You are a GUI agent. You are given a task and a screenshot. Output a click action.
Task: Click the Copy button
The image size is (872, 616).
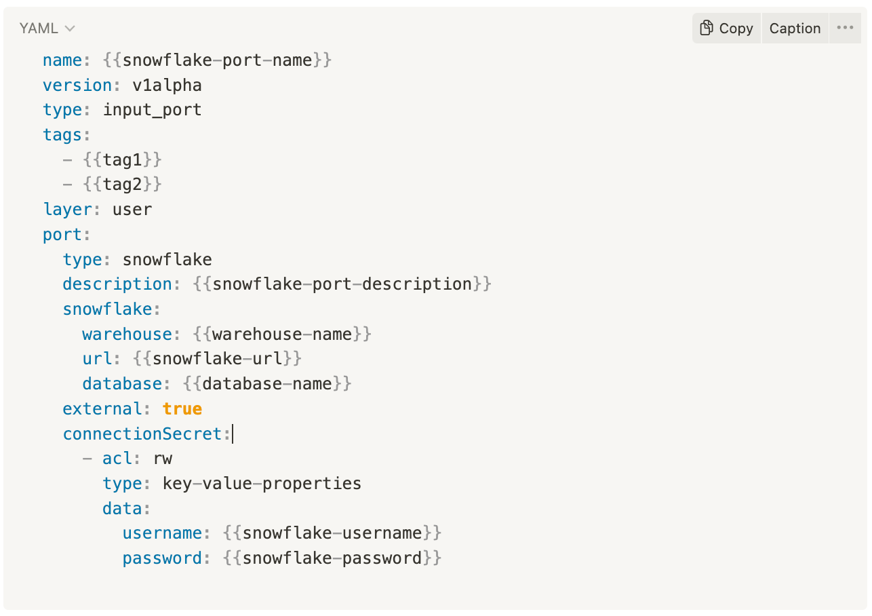[726, 28]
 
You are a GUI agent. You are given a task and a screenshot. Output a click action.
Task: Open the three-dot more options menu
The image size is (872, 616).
[845, 28]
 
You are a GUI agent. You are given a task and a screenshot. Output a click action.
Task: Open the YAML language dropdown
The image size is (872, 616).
[47, 28]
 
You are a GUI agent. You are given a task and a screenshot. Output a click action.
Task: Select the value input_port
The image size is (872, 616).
[152, 110]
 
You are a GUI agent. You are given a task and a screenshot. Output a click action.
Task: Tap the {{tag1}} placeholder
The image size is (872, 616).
[122, 160]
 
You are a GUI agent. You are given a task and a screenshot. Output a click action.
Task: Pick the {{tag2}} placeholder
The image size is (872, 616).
[122, 185]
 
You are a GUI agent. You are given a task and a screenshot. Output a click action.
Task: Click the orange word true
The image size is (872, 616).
[182, 409]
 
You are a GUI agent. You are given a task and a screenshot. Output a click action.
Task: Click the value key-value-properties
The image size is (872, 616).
[262, 484]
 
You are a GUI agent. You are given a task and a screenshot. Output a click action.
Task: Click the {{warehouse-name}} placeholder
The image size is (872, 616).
[281, 334]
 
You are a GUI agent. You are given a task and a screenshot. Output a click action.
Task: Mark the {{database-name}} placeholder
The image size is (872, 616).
[266, 384]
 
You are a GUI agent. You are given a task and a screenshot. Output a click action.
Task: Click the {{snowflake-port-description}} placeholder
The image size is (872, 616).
[342, 284]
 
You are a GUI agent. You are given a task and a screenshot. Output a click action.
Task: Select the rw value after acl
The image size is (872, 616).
[163, 459]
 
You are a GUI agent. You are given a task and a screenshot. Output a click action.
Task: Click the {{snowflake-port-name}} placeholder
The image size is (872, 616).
[217, 60]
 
